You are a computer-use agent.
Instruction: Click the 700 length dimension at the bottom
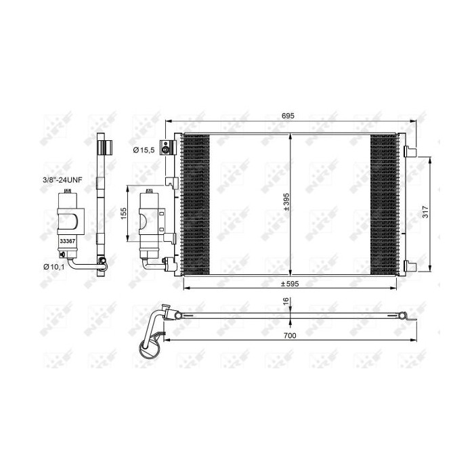click(x=290, y=334)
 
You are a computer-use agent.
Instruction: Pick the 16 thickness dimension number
click(x=286, y=301)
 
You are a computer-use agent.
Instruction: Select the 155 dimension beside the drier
click(x=123, y=213)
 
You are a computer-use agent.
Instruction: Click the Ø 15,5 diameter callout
click(x=144, y=150)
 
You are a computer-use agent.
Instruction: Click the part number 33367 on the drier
click(x=66, y=240)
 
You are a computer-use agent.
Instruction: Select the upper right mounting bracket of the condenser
click(x=410, y=150)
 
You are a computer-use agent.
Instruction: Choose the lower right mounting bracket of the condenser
click(x=410, y=265)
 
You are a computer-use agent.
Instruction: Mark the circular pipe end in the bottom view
click(x=148, y=349)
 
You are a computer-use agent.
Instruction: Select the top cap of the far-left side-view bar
click(x=103, y=146)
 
